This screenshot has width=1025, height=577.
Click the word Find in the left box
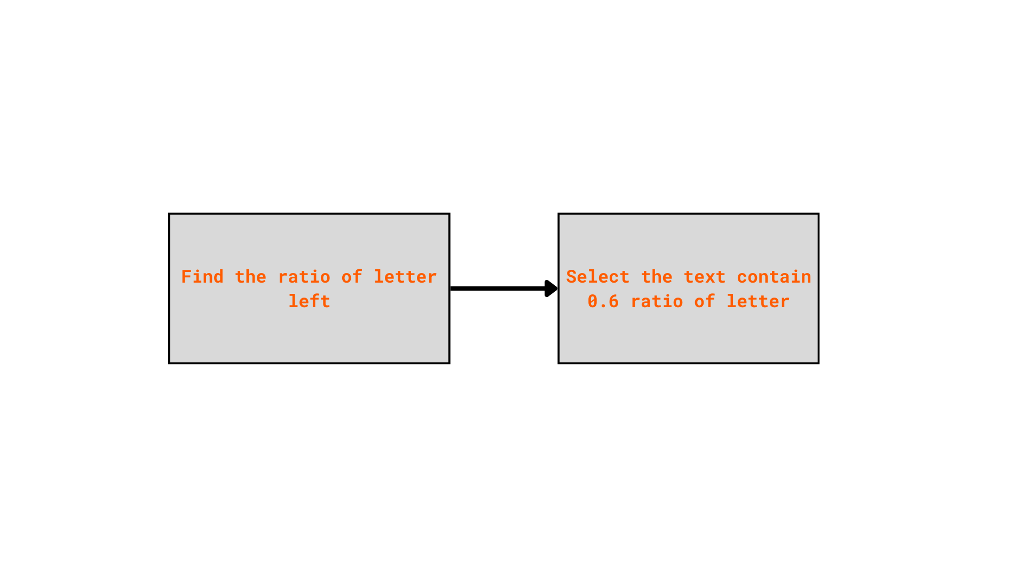[202, 277]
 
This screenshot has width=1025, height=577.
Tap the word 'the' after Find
[250, 277]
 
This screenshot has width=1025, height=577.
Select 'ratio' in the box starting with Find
[304, 277]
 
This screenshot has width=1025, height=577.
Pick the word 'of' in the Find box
[352, 277]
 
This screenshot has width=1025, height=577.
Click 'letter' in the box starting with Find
[405, 277]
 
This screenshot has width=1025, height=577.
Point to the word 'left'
[309, 301]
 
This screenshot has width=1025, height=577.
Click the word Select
[597, 277]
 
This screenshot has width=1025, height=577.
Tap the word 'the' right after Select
[656, 277]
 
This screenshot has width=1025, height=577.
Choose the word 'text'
[704, 277]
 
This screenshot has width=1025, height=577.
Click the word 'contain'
[774, 277]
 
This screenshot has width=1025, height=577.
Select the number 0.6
[603, 301]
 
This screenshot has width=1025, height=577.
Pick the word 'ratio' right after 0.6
[657, 301]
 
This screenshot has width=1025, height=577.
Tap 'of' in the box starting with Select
[705, 301]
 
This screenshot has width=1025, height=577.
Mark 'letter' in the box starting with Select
[758, 301]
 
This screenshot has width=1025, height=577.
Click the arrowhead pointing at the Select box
[551, 288]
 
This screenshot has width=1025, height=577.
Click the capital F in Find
[186, 277]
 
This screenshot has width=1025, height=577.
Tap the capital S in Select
[571, 277]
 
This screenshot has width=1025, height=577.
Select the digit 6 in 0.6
[613, 301]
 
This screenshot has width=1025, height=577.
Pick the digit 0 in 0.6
[593, 301]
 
